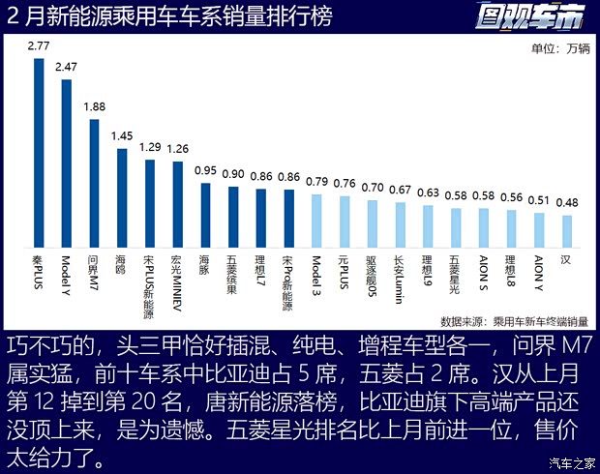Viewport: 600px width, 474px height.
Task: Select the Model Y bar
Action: [x=67, y=163]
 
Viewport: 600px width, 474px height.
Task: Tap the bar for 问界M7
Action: [x=95, y=184]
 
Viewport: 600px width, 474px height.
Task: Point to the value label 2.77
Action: [x=39, y=45]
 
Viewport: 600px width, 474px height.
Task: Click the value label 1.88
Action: [x=95, y=107]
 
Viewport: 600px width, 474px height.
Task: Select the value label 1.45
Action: [x=122, y=136]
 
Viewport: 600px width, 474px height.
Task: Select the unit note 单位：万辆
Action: [x=560, y=49]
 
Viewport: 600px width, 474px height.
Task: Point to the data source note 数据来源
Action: [x=520, y=321]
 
